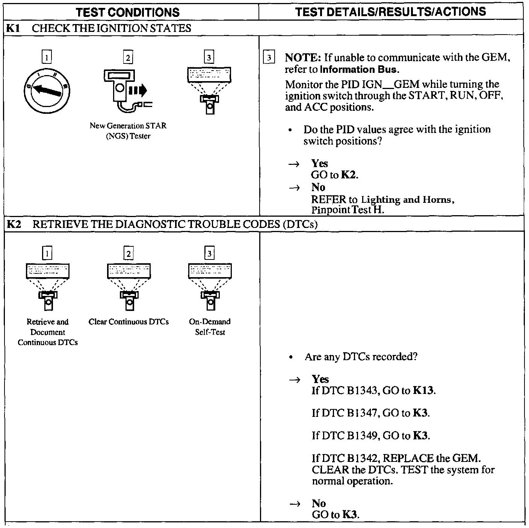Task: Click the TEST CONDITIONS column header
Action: [x=128, y=12]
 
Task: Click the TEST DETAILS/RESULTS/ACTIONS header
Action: [x=390, y=12]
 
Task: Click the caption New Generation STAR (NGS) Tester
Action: [x=128, y=131]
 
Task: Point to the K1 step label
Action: [x=13, y=28]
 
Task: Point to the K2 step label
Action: [x=14, y=224]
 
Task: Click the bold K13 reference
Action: [x=423, y=391]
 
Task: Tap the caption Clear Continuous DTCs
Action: [x=128, y=322]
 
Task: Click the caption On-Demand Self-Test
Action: [x=210, y=327]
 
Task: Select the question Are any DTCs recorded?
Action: [x=361, y=356]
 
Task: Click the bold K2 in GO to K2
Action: [x=349, y=175]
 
